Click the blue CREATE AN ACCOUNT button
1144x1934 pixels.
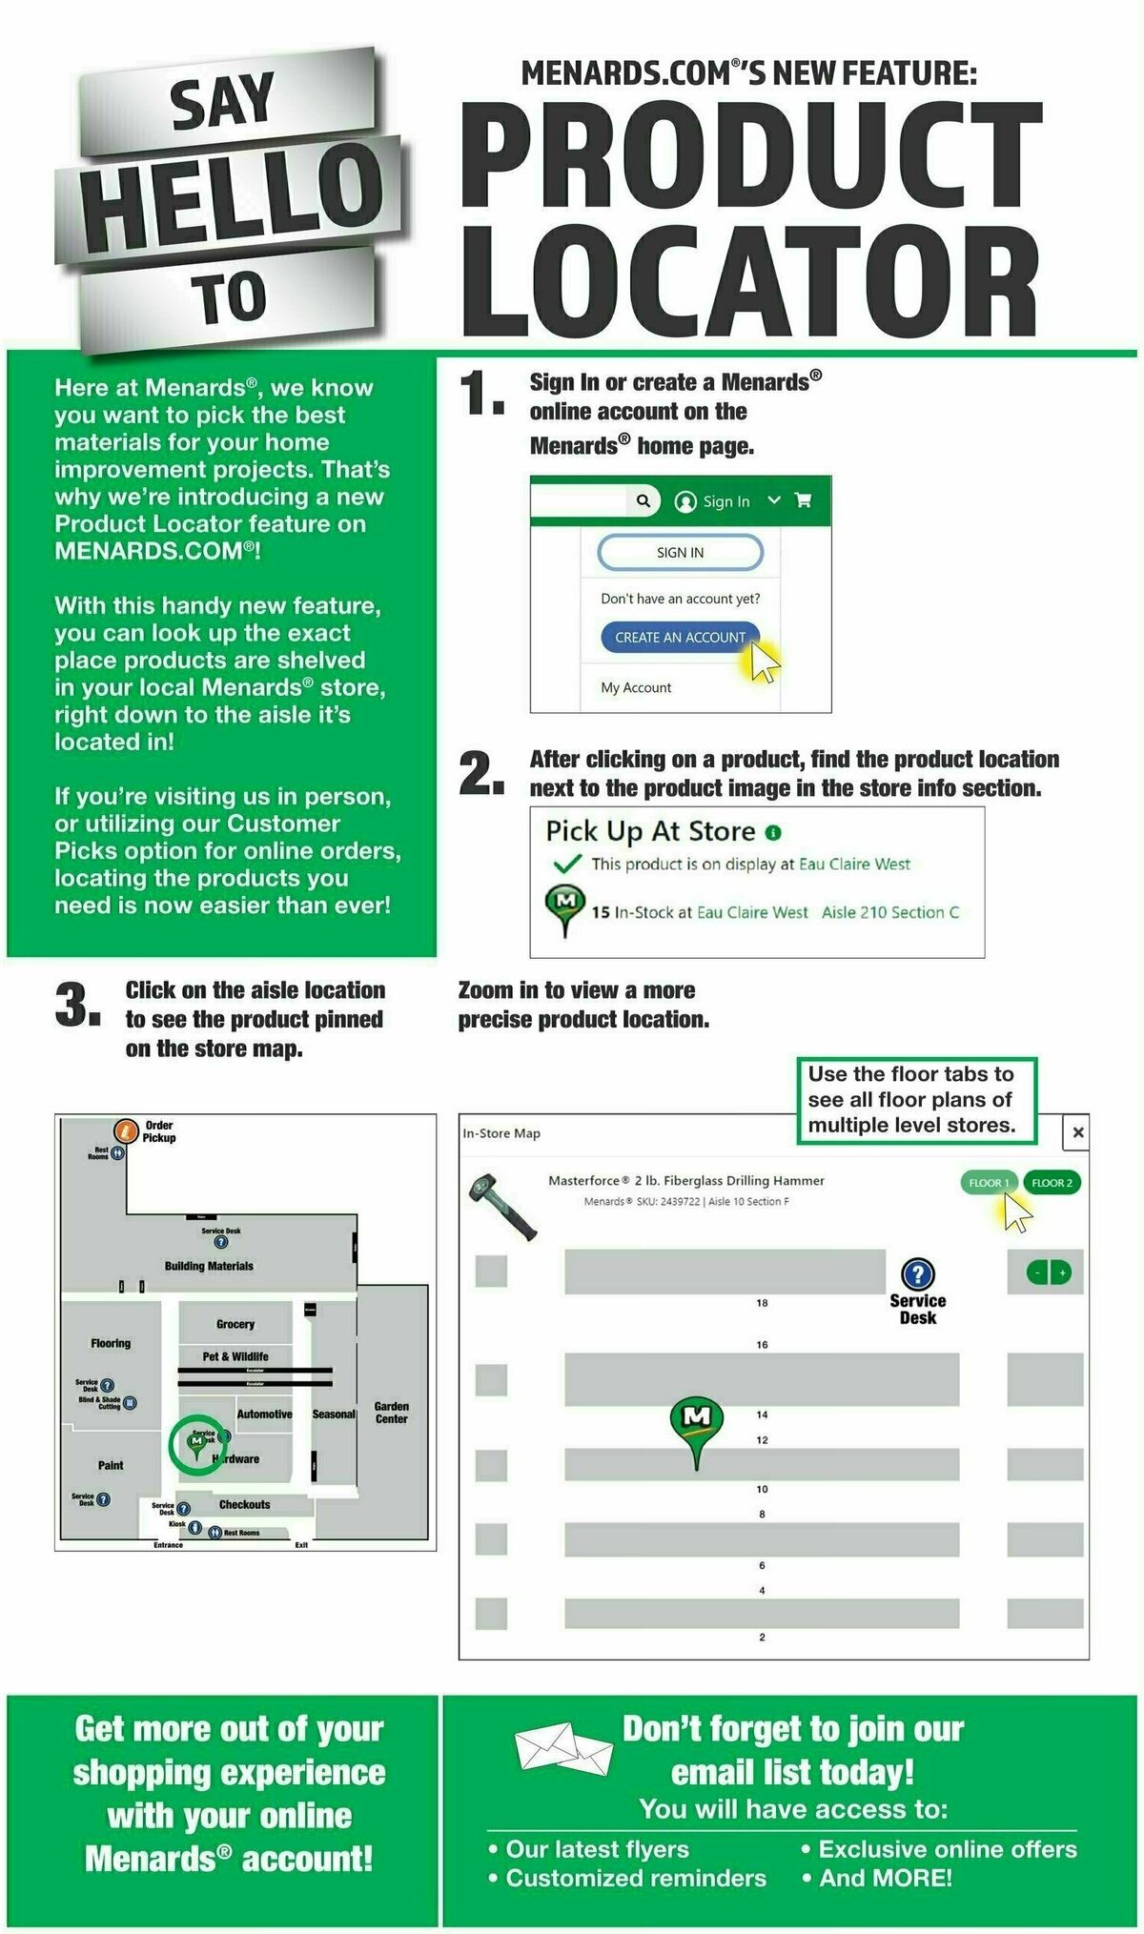pyautogui.click(x=680, y=638)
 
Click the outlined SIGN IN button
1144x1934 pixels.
pyautogui.click(x=680, y=552)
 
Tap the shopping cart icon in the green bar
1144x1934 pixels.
pyautogui.click(x=804, y=500)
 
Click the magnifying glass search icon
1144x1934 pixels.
pyautogui.click(x=643, y=500)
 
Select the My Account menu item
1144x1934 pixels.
pyautogui.click(x=636, y=687)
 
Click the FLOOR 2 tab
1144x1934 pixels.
pyautogui.click(x=1052, y=1183)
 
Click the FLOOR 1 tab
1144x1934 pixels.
pyautogui.click(x=989, y=1183)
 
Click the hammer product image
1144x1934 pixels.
pyautogui.click(x=501, y=1205)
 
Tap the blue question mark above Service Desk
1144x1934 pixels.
pyautogui.click(x=917, y=1273)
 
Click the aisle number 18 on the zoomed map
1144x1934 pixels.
pyautogui.click(x=762, y=1303)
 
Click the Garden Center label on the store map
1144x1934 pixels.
pyautogui.click(x=391, y=1413)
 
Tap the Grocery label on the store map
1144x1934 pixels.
pyautogui.click(x=235, y=1324)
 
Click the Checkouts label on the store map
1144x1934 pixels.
pyautogui.click(x=244, y=1504)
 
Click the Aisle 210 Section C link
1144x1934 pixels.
pyautogui.click(x=889, y=912)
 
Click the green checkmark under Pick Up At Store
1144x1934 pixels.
pyautogui.click(x=567, y=865)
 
